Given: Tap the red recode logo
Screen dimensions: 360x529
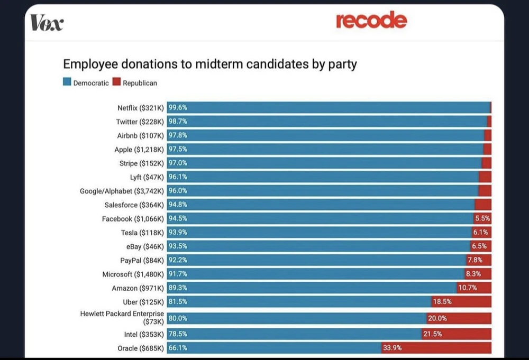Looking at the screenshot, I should [x=371, y=21].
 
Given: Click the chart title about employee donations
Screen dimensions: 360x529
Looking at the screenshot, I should [x=210, y=64].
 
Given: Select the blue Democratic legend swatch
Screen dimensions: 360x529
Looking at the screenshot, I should [x=67, y=83].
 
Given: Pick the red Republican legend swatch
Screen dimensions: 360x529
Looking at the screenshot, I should [x=117, y=83].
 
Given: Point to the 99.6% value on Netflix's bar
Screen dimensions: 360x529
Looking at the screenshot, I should [x=178, y=108].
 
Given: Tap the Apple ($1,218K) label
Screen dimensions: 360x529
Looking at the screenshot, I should [x=140, y=150].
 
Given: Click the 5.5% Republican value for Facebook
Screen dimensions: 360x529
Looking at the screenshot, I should [x=482, y=218].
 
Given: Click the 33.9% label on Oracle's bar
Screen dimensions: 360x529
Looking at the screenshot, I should [x=392, y=348].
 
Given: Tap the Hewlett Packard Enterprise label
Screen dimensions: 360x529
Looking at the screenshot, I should [x=122, y=317].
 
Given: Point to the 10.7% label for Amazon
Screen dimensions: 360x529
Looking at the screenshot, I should [x=467, y=288].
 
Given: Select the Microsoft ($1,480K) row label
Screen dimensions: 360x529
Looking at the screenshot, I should [x=134, y=274].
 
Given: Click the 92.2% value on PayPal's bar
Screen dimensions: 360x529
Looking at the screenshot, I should [x=178, y=260].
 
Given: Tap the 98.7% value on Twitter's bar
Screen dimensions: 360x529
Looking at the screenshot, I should [x=178, y=122].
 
